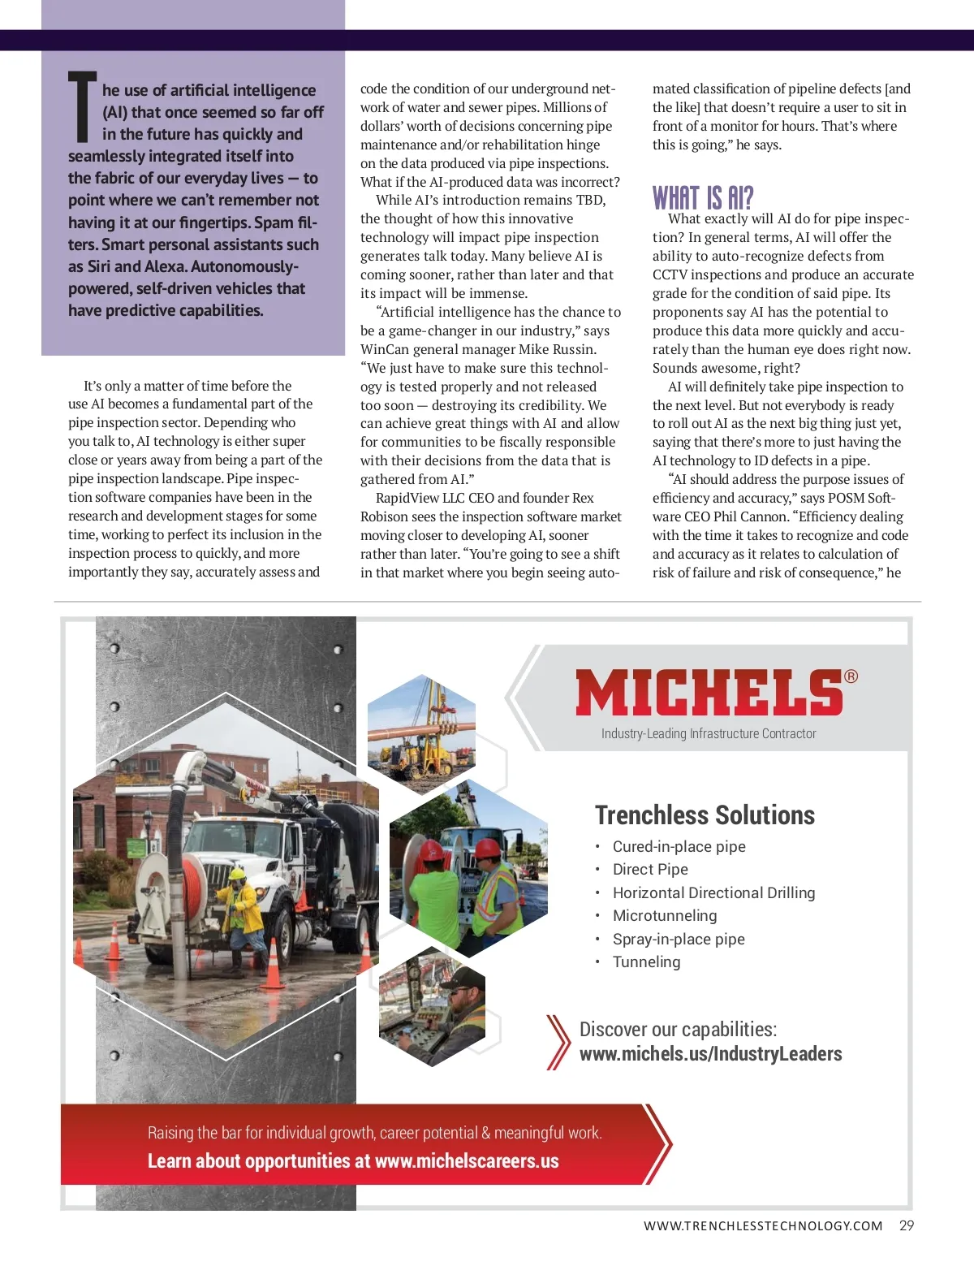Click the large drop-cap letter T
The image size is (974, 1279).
click(x=83, y=106)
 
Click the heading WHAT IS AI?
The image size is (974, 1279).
click(x=703, y=198)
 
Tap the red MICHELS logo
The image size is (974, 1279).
click(x=709, y=693)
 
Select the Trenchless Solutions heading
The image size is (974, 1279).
click(x=705, y=814)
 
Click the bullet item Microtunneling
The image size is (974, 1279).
click(x=665, y=915)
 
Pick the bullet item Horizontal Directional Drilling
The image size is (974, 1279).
click(x=713, y=892)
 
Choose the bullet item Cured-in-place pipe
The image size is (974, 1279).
click(x=679, y=846)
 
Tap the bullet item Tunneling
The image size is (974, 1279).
click(x=646, y=961)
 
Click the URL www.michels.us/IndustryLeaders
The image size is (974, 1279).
click(x=710, y=1054)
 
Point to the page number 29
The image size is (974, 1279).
click(x=907, y=1225)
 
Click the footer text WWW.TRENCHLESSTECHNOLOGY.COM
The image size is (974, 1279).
click(x=763, y=1226)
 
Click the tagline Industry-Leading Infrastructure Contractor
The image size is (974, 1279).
click(x=709, y=733)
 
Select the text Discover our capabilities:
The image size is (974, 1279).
click(x=678, y=1030)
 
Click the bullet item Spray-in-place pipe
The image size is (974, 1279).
click(x=679, y=939)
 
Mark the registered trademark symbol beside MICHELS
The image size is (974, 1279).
click(x=851, y=676)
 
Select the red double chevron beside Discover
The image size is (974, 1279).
click(x=558, y=1041)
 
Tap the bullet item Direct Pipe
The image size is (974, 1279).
click(x=650, y=869)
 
